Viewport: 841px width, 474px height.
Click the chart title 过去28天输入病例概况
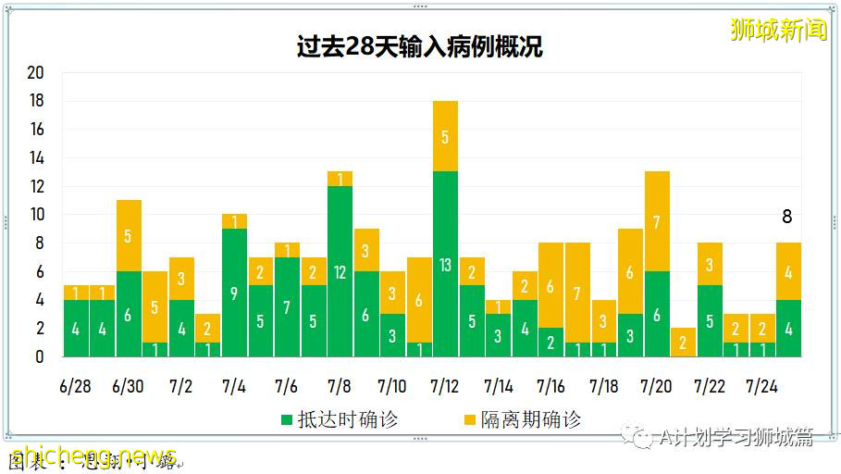pos(419,47)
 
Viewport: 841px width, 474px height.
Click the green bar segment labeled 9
pos(234,293)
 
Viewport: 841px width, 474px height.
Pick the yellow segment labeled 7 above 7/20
pos(657,221)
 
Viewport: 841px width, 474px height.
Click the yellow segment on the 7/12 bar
pos(445,136)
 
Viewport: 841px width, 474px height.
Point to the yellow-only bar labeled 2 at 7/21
pos(683,342)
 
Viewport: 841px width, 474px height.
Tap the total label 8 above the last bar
pos(787,217)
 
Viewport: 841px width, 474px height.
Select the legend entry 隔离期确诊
pos(522,419)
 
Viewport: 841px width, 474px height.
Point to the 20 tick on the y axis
pos(36,72)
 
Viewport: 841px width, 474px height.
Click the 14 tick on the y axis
pos(36,157)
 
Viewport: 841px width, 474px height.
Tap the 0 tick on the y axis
pos(39,356)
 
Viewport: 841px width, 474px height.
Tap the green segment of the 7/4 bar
pos(234,293)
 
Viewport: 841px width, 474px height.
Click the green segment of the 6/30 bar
pos(129,314)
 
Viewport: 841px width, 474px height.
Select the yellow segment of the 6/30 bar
pos(129,235)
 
